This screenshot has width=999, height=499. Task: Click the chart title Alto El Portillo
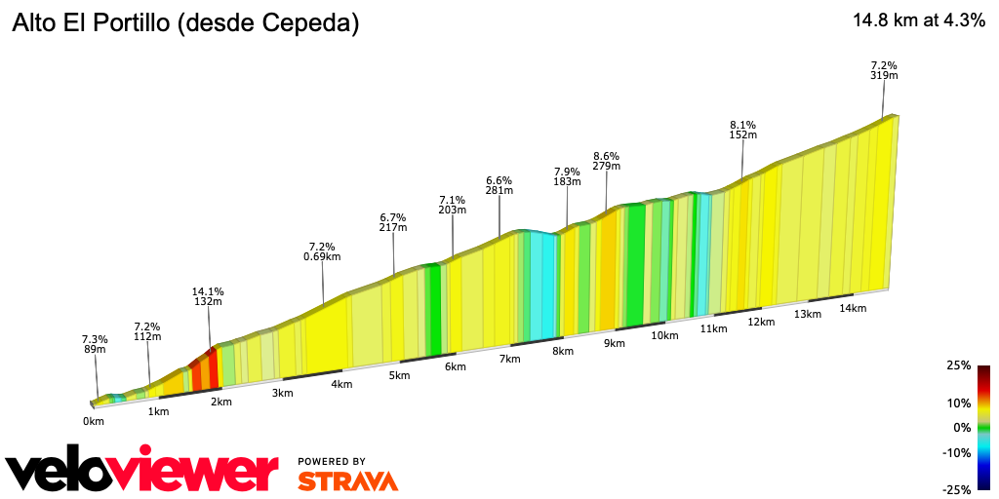point(185,24)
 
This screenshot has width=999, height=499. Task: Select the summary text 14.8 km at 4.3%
point(918,21)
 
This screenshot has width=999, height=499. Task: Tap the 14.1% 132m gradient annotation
point(209,296)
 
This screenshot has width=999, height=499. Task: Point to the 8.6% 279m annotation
point(606,161)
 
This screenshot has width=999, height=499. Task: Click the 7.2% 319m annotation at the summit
point(884,69)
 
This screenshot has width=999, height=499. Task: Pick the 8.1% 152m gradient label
point(742,130)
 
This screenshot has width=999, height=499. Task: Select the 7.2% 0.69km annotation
point(322,251)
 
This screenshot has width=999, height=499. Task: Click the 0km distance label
point(93,421)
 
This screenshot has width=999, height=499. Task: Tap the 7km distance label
point(509,359)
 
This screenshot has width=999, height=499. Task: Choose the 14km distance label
point(852,308)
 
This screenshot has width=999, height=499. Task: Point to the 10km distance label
point(664,335)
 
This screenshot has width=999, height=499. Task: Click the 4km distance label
point(341,384)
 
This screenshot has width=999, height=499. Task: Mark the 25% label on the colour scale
point(958,365)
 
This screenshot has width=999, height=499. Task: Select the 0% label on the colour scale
point(962,427)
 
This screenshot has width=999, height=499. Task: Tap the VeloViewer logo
point(141,472)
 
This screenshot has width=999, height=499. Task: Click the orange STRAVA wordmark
point(347,480)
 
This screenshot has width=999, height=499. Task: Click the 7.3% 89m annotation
point(95,344)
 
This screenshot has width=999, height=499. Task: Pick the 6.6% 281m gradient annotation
point(499,185)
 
